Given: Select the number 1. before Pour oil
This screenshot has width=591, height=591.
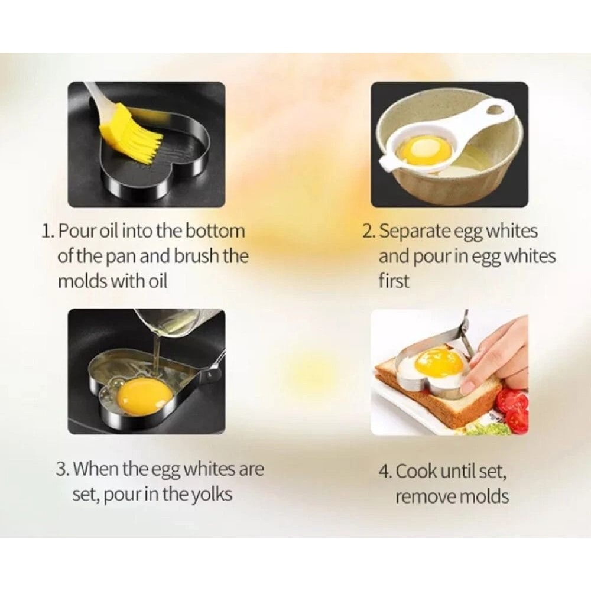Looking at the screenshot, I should (x=48, y=231).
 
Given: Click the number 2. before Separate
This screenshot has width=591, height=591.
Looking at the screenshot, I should (x=369, y=231).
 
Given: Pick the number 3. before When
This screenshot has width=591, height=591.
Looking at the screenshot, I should (x=63, y=469).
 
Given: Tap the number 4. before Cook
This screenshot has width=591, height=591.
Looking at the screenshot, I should (x=385, y=472).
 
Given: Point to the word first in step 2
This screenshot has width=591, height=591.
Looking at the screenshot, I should (x=394, y=281).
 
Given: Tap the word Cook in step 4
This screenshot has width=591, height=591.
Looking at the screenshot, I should (x=417, y=472).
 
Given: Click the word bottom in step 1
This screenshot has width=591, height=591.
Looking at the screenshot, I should (x=215, y=231).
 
